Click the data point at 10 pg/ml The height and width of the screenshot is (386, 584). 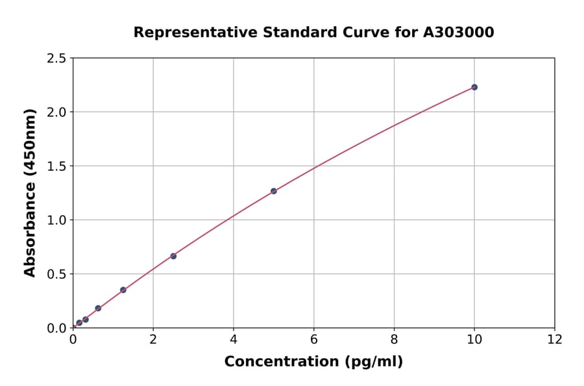[x=474, y=87]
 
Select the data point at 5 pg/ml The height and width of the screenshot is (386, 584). [x=274, y=191]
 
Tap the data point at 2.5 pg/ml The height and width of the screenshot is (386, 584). [x=173, y=256]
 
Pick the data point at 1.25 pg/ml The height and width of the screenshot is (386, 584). [x=123, y=290]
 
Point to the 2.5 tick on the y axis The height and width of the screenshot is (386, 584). [x=57, y=58]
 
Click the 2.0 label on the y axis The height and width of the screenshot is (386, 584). [x=57, y=112]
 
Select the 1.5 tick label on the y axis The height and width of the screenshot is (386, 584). [x=57, y=166]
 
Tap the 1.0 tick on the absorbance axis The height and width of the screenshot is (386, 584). [x=57, y=220]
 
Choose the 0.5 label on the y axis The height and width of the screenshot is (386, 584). [x=57, y=274]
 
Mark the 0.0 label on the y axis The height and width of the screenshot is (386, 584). [x=57, y=328]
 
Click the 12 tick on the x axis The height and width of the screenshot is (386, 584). [x=555, y=339]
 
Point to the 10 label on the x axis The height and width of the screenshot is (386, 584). [x=474, y=339]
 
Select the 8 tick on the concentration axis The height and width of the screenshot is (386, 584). [x=394, y=339]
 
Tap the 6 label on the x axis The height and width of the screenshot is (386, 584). [x=314, y=339]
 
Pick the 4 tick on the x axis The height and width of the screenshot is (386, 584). [x=234, y=339]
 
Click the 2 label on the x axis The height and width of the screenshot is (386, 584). [x=153, y=339]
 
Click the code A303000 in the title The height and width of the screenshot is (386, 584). [x=459, y=32]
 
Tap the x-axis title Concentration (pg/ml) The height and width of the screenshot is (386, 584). [x=313, y=362]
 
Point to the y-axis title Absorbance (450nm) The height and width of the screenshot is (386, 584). [x=30, y=192]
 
